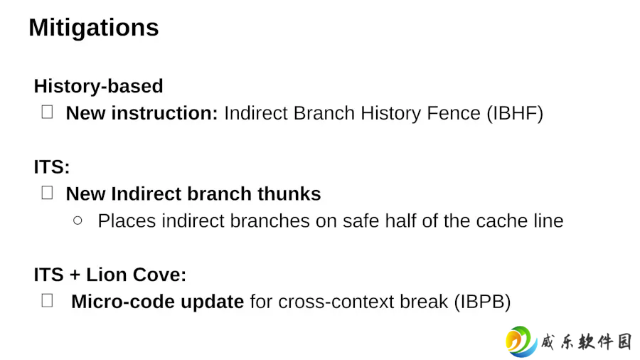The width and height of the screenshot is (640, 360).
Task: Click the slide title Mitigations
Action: [x=94, y=28]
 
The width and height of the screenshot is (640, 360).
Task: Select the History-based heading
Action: [x=98, y=86]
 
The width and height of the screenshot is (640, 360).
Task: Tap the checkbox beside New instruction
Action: [x=48, y=112]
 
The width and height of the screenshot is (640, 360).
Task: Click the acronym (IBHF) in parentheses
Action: [x=515, y=113]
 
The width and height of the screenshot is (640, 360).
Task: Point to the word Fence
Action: [x=454, y=113]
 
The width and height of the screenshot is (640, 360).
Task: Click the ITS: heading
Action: [x=52, y=167]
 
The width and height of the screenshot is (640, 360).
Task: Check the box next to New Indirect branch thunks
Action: [x=48, y=193]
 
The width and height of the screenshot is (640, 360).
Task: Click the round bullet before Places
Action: [x=78, y=221]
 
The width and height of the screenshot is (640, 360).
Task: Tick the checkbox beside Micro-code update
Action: [x=48, y=301]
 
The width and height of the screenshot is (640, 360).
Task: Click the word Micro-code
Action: [x=123, y=302]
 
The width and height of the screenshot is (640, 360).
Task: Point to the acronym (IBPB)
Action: [x=482, y=302]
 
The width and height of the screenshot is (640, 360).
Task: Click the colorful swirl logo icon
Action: [x=521, y=342]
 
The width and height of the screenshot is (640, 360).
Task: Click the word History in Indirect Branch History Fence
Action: [x=390, y=113]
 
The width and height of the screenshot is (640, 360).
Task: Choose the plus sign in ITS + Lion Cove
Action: [x=75, y=275]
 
